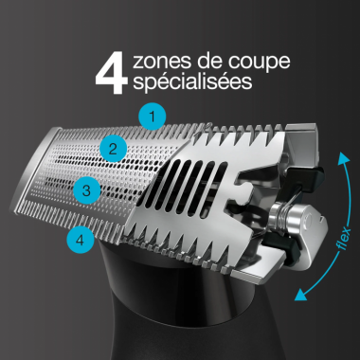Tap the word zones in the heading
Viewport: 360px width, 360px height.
pos(161,63)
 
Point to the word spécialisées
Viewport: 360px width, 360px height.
pos(193,83)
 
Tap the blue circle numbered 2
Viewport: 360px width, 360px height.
pos(113,148)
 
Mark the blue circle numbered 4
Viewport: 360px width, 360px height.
pos(80,240)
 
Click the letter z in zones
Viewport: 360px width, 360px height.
pos(140,63)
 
